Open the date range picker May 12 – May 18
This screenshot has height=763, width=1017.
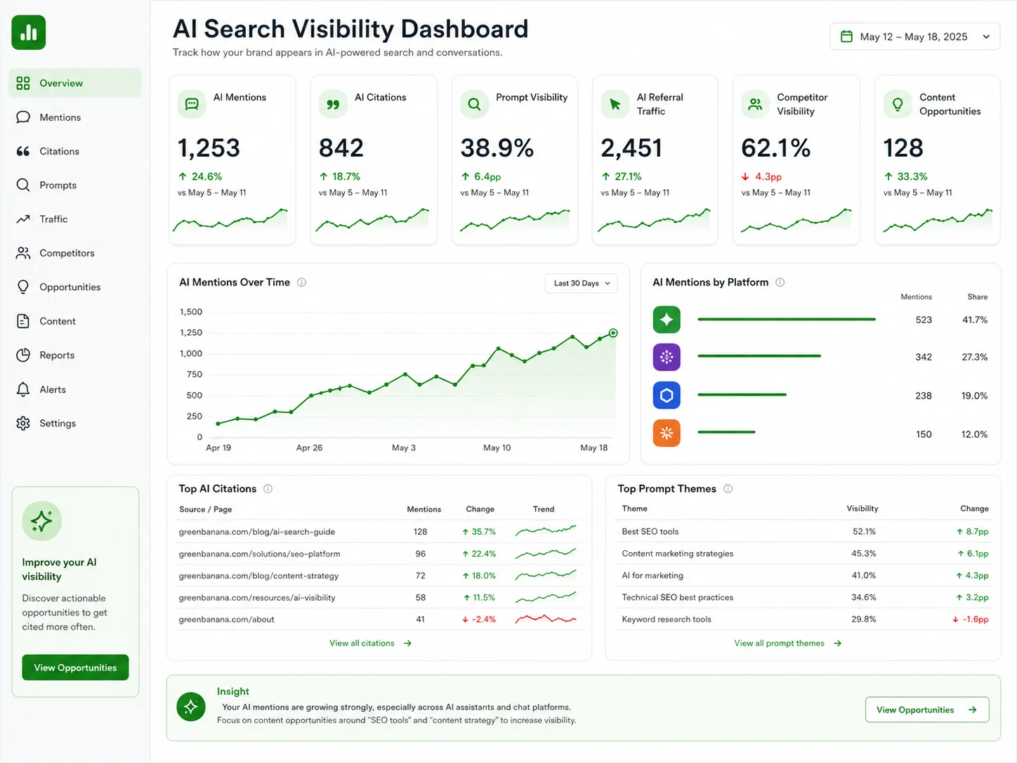point(914,37)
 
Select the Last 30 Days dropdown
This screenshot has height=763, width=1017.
point(581,283)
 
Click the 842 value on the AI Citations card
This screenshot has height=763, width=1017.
point(341,148)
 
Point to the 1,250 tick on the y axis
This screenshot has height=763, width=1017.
point(191,332)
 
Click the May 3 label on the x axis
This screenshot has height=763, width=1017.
point(404,448)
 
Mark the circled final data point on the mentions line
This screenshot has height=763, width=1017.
point(613,332)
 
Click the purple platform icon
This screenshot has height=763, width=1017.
point(667,357)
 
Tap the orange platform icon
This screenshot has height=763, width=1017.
point(667,433)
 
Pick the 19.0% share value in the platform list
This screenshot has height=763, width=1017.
point(974,396)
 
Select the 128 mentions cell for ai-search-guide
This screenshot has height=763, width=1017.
point(420,531)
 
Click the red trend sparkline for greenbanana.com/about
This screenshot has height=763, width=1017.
point(546,618)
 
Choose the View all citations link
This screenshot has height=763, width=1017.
point(370,643)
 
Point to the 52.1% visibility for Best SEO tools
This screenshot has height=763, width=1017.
point(864,531)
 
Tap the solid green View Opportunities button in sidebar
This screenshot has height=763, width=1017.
point(75,667)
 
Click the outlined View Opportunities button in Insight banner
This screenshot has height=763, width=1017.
point(926,710)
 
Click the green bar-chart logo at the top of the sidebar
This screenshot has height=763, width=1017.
point(29,32)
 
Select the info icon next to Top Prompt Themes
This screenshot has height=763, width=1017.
point(728,489)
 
